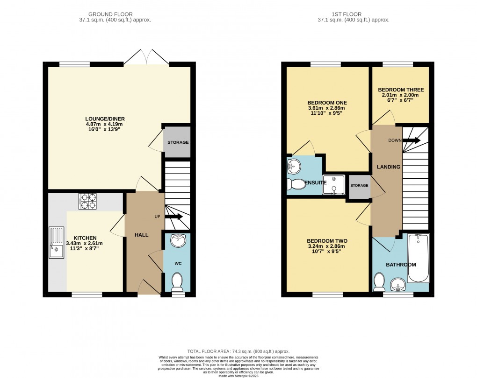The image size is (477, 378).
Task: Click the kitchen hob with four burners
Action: point(87,201)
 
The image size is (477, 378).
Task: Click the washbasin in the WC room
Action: point(178,241)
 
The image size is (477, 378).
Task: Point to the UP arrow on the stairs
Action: point(173,217)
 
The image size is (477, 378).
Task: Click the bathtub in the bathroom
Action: point(418,258)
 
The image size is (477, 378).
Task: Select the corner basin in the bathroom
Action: point(398,283)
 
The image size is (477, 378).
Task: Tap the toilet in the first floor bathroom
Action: point(379,281)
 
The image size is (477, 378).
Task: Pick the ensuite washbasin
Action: point(294,164)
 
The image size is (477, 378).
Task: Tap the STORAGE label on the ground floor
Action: point(178,142)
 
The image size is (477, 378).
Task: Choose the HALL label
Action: point(141,235)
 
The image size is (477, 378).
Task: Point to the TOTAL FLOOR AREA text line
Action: point(238,351)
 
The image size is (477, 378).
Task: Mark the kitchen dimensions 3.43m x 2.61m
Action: point(84,243)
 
